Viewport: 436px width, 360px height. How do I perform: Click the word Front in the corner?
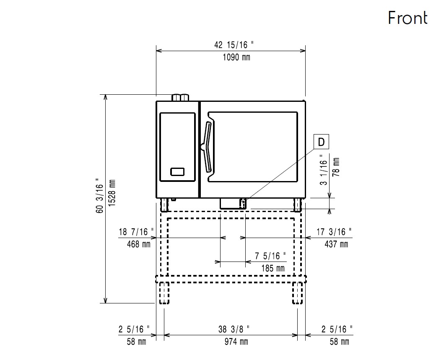[x=407, y=18]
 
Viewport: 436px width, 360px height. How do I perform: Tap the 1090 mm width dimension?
[x=236, y=57]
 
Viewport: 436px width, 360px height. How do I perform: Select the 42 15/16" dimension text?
[x=234, y=45]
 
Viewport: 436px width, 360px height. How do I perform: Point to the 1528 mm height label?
[x=112, y=193]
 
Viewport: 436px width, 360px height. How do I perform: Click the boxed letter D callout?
[x=321, y=142]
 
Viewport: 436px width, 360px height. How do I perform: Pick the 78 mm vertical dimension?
[x=336, y=167]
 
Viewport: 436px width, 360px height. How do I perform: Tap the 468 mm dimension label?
[x=138, y=244]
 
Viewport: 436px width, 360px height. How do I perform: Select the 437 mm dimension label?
[x=336, y=244]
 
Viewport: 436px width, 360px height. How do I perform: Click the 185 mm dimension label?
[x=273, y=268]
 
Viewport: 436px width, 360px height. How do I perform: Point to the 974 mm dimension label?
[x=236, y=342]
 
